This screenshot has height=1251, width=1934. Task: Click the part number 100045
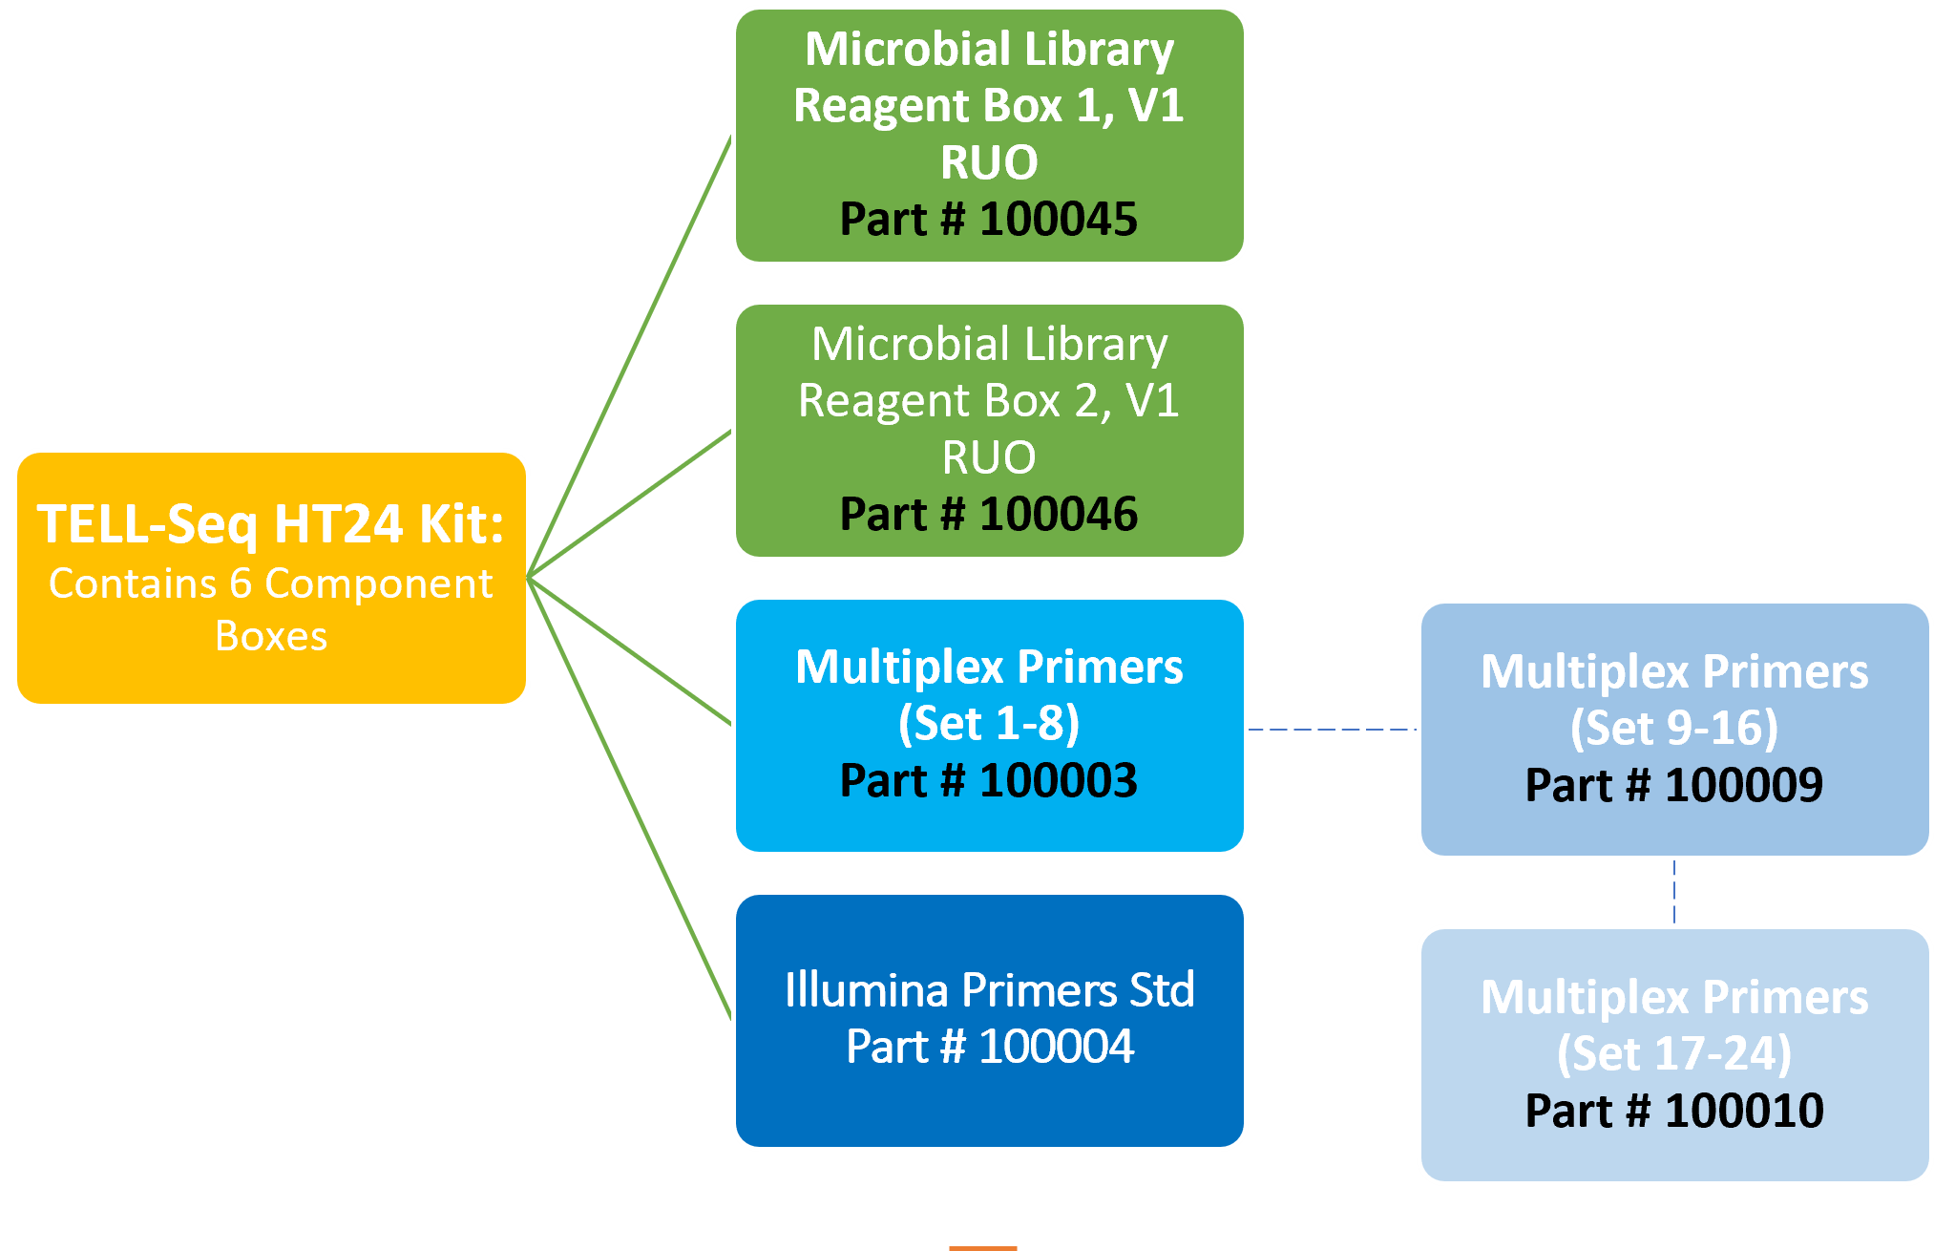(x=1058, y=220)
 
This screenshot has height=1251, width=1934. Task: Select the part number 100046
(x=1058, y=515)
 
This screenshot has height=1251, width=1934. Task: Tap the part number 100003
(x=1058, y=781)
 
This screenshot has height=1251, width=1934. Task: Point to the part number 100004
(x=1056, y=1047)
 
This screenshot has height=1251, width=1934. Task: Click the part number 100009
(x=1743, y=786)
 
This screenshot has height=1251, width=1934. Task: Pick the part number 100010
(x=1743, y=1112)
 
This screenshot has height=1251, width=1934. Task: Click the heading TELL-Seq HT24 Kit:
(x=271, y=524)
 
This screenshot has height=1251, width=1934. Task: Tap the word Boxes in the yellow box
(x=271, y=637)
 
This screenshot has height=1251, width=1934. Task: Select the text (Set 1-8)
(x=989, y=724)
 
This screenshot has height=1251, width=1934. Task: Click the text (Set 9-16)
(x=1674, y=729)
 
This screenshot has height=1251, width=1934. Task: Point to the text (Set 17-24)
(x=1674, y=1054)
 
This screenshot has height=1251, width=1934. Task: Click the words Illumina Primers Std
(x=989, y=990)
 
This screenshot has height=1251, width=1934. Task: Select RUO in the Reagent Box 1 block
(x=989, y=162)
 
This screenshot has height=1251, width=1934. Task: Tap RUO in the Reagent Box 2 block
(x=989, y=457)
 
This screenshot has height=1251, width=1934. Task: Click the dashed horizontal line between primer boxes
(x=1332, y=730)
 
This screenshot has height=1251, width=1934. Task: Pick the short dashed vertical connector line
(x=1674, y=892)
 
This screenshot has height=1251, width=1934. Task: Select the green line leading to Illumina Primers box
(x=630, y=798)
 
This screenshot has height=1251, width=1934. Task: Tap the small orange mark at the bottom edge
(x=982, y=1247)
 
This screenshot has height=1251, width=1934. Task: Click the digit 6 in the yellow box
(x=241, y=584)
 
